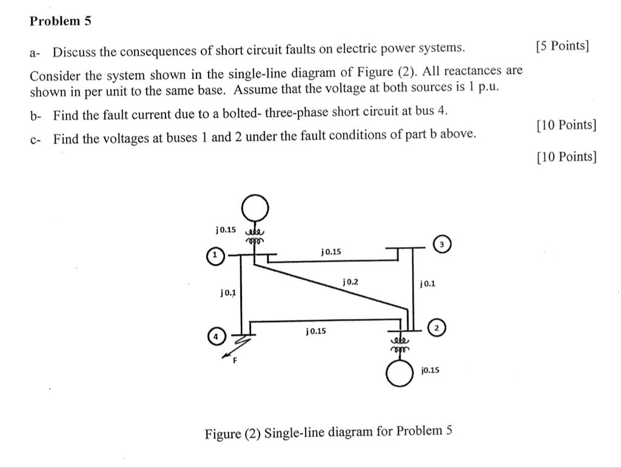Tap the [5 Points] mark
click(562, 47)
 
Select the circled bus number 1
click(214, 255)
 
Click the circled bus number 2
click(437, 328)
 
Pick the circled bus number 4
click(216, 335)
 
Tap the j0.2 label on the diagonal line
click(351, 282)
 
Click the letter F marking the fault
click(235, 361)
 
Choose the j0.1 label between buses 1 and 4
click(228, 292)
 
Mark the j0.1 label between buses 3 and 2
click(427, 283)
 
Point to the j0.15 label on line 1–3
click(332, 251)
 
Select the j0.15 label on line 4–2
click(316, 331)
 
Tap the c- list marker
click(35, 139)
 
